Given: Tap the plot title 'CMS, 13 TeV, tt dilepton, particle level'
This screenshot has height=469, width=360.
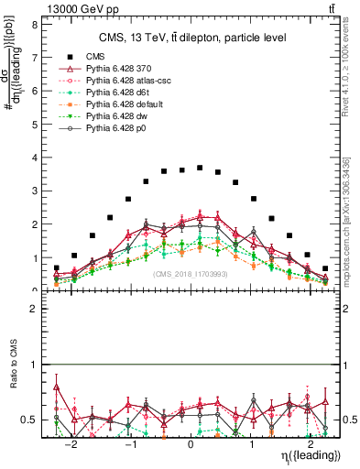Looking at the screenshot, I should [x=190, y=38].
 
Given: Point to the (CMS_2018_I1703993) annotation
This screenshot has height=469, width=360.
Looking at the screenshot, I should [x=190, y=273].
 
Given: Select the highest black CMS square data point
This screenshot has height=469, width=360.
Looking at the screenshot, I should [x=200, y=168].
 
